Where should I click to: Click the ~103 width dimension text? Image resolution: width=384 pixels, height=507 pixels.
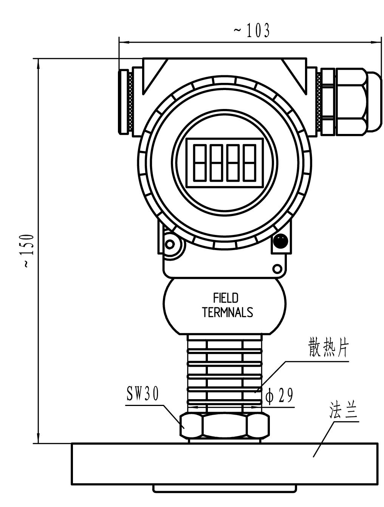point(252,31)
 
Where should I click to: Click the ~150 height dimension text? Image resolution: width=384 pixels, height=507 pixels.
point(29,251)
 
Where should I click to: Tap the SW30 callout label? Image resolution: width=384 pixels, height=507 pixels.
point(142,395)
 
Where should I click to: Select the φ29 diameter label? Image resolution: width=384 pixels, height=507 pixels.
point(279,396)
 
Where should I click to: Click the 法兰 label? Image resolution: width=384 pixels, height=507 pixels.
point(343,411)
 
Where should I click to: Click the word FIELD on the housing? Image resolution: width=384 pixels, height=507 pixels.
point(226,298)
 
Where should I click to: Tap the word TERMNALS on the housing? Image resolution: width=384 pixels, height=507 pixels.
point(227,313)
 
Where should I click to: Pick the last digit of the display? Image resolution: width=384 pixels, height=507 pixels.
point(249,163)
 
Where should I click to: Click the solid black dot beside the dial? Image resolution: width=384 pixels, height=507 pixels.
point(280,241)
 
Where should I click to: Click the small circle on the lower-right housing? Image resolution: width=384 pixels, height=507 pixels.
point(277,269)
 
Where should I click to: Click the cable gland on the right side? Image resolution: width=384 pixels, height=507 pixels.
point(350,101)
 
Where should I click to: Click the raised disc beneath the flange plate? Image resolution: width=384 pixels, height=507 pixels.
point(225,489)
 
